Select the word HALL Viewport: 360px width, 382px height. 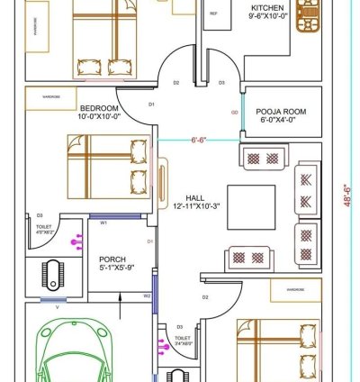tap(194, 197)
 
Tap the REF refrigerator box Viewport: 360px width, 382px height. tap(214, 14)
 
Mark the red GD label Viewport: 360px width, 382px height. tap(234, 113)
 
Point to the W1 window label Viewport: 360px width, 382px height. tap(103, 222)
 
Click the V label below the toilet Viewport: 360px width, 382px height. tap(58, 307)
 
